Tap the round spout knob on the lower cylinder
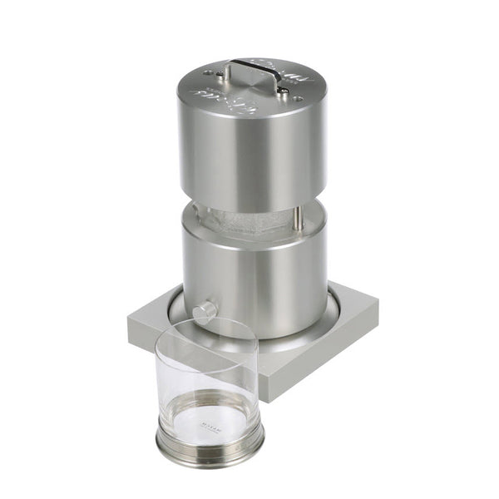click(x=204, y=313)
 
